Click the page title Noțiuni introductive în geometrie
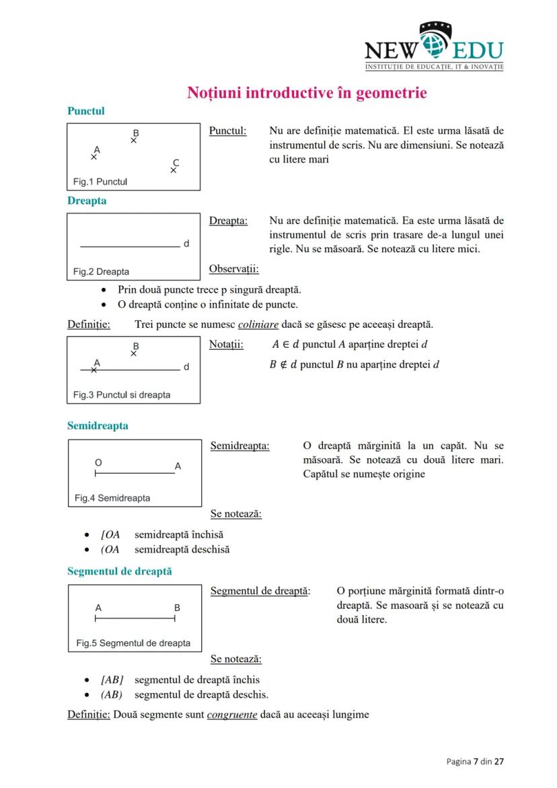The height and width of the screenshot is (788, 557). tap(306, 92)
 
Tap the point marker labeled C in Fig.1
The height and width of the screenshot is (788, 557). tap(174, 170)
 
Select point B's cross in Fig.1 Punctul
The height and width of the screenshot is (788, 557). tap(134, 141)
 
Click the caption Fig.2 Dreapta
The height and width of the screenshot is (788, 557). tap(102, 272)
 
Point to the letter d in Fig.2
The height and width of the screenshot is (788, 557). tap(186, 244)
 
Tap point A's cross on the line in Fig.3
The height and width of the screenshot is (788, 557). tap(94, 369)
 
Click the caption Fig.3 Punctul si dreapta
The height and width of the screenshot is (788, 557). tap(122, 395)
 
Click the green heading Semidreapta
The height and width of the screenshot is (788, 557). tap(98, 426)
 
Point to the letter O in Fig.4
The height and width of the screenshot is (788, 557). tap(98, 463)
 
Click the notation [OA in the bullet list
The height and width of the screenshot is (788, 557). tap(110, 535)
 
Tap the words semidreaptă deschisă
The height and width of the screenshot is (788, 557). tap(182, 549)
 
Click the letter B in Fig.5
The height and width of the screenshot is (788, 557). tap(177, 608)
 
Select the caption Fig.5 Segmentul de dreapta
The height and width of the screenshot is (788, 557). tap(133, 643)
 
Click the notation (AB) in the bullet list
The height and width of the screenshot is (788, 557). tap(112, 694)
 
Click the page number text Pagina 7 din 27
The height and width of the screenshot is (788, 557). tap(475, 761)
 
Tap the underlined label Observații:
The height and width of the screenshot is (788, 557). tap(234, 269)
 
